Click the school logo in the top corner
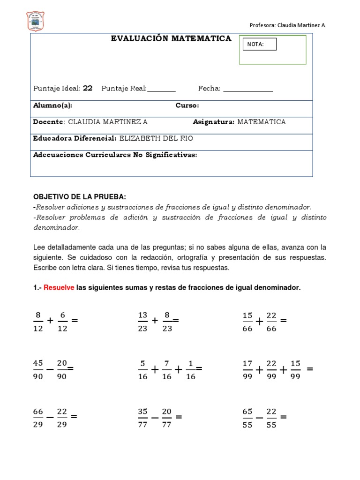(x=37, y=21)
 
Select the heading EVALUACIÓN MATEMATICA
(x=171, y=39)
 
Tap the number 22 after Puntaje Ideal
(x=88, y=89)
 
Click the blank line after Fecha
(x=248, y=89)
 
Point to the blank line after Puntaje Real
(x=161, y=89)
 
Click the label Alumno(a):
(x=52, y=105)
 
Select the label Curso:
(x=187, y=105)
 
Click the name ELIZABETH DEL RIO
(x=156, y=138)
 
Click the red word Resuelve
(x=59, y=288)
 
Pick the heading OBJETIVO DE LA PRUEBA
(x=79, y=196)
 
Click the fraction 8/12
(x=38, y=322)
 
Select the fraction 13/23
(x=143, y=322)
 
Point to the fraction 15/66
(x=247, y=322)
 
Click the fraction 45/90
(x=38, y=370)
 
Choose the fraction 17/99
(x=247, y=370)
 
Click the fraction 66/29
(x=38, y=418)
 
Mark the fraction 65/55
(x=247, y=418)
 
